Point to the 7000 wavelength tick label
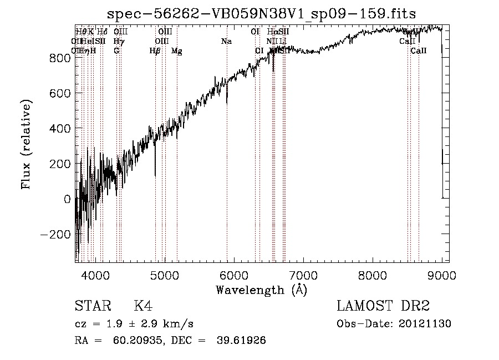[303, 275]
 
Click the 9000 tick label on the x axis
[441, 275]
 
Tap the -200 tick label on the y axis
[57, 234]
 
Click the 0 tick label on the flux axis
[67, 199]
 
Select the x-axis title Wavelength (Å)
[261, 290]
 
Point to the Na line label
[226, 41]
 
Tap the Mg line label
[176, 51]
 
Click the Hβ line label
[155, 51]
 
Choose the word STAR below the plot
[91, 306]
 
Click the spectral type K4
[143, 306]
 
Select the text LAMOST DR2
[383, 306]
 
